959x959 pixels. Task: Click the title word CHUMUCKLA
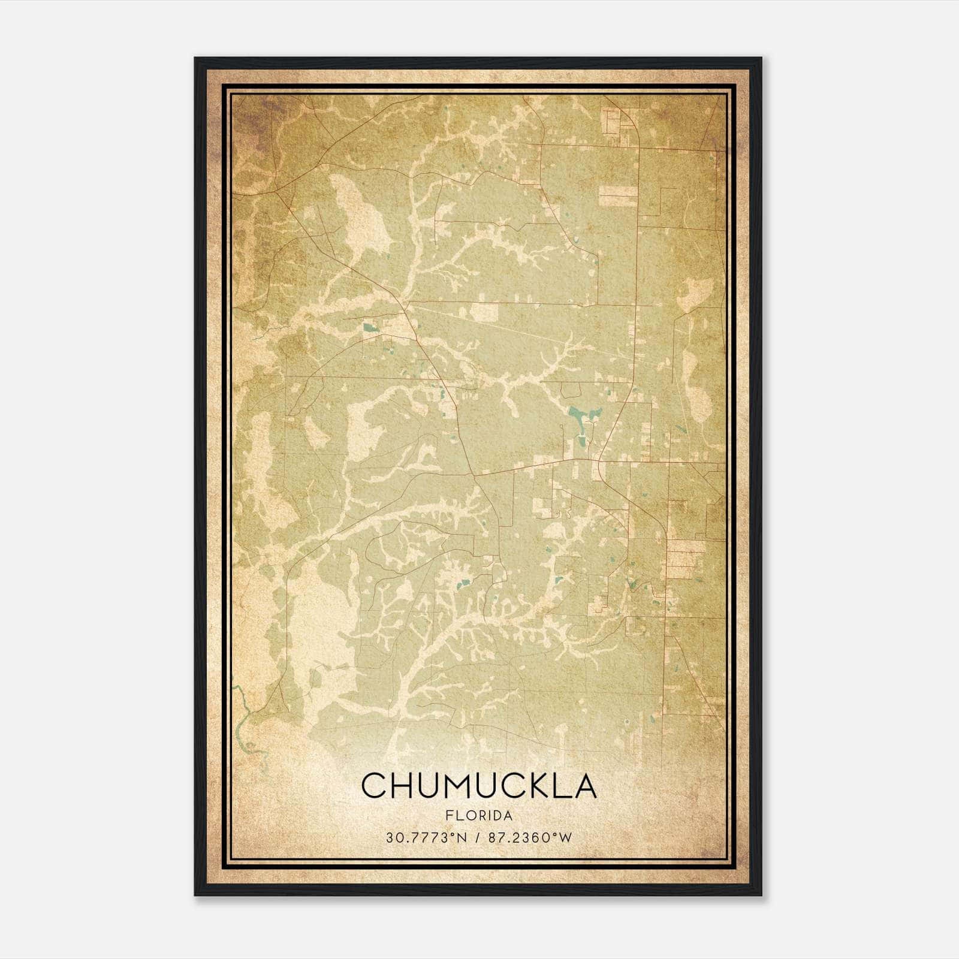point(479,785)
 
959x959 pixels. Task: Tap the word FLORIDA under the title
point(479,816)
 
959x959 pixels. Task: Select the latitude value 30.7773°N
point(426,838)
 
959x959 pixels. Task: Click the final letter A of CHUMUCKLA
point(585,785)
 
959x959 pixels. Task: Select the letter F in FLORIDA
point(449,816)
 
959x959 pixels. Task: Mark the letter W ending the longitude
point(566,838)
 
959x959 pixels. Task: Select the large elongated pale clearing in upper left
point(360,210)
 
